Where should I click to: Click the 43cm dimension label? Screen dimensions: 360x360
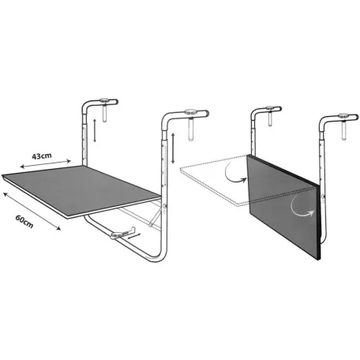click(42, 156)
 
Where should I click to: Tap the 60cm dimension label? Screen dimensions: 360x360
click(24, 222)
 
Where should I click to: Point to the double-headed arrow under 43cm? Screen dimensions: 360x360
click(46, 163)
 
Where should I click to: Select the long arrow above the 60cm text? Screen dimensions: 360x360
click(32, 211)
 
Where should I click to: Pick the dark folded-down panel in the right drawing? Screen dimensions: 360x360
click(283, 206)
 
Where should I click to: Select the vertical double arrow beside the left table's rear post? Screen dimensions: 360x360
click(95, 130)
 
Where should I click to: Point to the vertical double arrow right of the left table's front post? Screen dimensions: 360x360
click(173, 148)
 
